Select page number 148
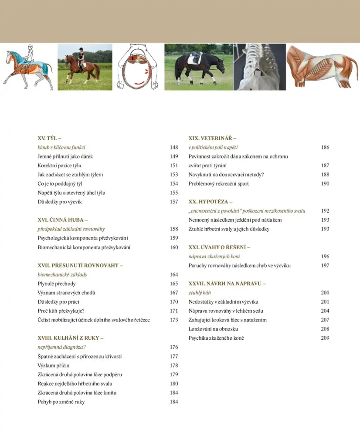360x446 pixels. [174, 148]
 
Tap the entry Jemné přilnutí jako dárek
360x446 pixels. [65, 156]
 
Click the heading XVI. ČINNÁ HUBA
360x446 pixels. [63, 220]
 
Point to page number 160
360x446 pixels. [174, 247]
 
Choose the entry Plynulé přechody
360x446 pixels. [56, 284]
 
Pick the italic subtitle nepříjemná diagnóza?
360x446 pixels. [61, 347]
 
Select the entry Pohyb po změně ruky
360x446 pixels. [61, 402]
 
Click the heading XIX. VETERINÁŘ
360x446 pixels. [212, 139]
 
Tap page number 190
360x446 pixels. [325, 183]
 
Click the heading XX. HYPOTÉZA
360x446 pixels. [211, 202]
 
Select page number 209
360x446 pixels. [325, 338]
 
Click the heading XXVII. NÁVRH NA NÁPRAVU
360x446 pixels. [227, 284]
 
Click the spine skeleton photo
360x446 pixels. [259, 67]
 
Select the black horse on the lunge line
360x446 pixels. [199, 67]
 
